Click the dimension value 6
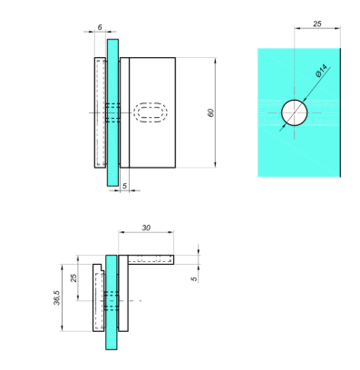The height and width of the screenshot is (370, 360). click(100, 27)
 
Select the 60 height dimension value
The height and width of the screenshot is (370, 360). click(210, 112)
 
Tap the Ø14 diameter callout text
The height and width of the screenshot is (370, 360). click(321, 71)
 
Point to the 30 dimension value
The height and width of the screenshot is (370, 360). click(146, 228)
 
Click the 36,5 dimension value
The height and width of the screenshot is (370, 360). click(57, 297)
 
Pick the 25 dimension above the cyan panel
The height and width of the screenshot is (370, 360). click(317, 24)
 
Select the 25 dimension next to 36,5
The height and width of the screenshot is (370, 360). click(73, 277)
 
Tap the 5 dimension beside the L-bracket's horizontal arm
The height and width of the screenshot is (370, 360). click(194, 278)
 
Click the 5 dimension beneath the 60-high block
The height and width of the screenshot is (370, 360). click(124, 186)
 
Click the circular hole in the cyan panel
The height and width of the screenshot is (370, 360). click(295, 112)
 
